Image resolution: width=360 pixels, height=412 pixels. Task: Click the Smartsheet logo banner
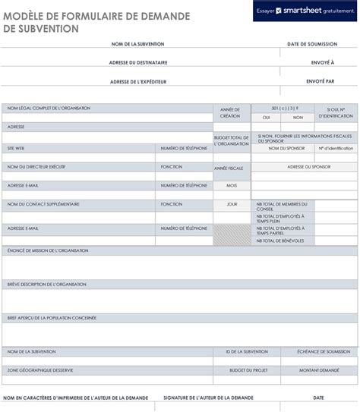(x=305, y=11)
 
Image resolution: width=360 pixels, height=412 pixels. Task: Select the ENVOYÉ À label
(x=323, y=62)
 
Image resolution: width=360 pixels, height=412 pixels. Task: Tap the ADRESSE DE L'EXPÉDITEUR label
(x=138, y=81)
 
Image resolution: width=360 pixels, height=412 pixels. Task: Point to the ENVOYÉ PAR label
(x=321, y=80)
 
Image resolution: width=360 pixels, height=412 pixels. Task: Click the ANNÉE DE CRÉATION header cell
(x=230, y=112)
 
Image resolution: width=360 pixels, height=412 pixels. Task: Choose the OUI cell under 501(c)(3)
(x=267, y=118)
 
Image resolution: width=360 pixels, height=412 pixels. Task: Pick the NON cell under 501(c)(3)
(x=298, y=118)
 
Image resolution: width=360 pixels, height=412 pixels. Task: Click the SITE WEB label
(x=17, y=148)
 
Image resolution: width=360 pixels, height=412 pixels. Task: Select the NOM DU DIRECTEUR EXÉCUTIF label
(x=36, y=166)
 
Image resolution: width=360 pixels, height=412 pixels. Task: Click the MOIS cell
(x=232, y=185)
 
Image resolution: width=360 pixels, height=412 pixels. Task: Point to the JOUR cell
(x=232, y=204)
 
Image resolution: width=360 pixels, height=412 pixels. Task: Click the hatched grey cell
(x=232, y=234)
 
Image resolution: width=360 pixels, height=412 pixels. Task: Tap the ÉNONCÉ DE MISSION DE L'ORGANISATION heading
(x=48, y=250)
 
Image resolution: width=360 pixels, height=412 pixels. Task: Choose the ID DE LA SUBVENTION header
(x=247, y=352)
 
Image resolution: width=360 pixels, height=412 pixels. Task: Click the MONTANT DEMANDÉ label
(x=319, y=370)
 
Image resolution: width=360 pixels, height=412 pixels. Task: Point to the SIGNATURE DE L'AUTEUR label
(x=208, y=398)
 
